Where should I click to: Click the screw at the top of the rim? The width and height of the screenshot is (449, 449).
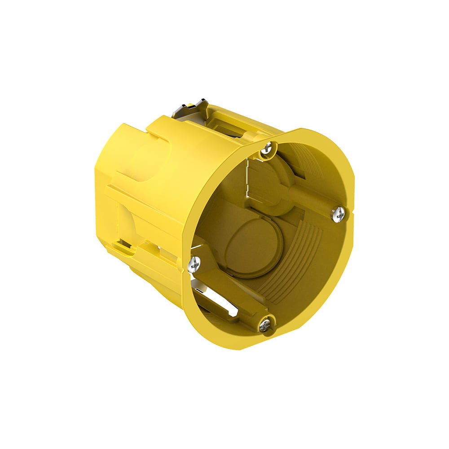point(269,149)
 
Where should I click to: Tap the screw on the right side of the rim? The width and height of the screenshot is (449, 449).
point(339,214)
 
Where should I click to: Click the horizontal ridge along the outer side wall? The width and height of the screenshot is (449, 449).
point(144,202)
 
